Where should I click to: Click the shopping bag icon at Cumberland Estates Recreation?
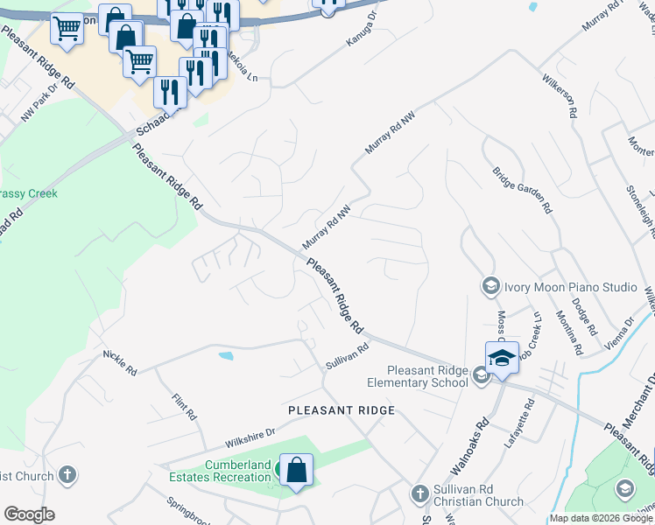(x=296, y=470)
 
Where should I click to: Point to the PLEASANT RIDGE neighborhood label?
(x=342, y=410)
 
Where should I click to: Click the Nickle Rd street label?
(x=120, y=364)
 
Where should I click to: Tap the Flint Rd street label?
(x=185, y=405)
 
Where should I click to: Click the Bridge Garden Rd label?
(x=522, y=191)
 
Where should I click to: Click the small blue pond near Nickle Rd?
(x=226, y=356)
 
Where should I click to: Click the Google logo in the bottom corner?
(x=29, y=514)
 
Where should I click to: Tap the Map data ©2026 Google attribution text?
(x=601, y=518)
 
